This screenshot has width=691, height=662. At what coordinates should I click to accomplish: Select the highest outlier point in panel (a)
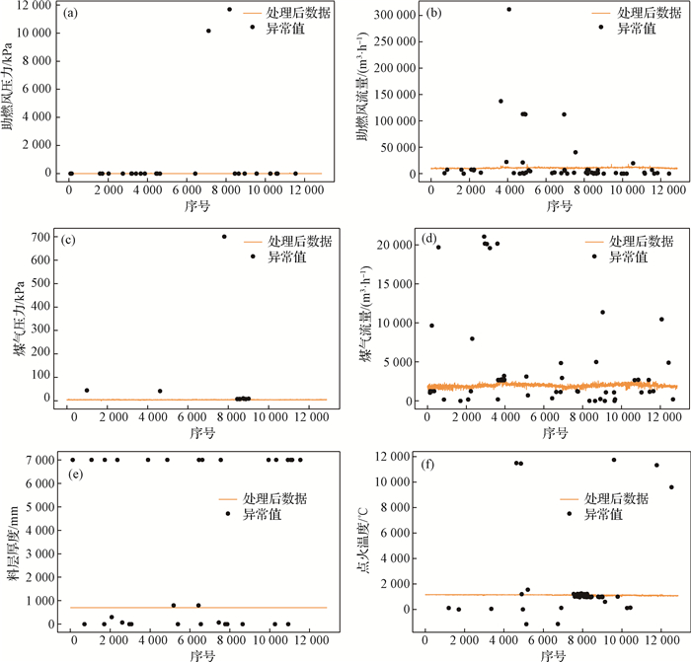coord(230,10)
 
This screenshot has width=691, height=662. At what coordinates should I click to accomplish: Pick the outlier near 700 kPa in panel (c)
coord(224,237)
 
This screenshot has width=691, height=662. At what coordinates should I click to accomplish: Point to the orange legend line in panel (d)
coord(594,241)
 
